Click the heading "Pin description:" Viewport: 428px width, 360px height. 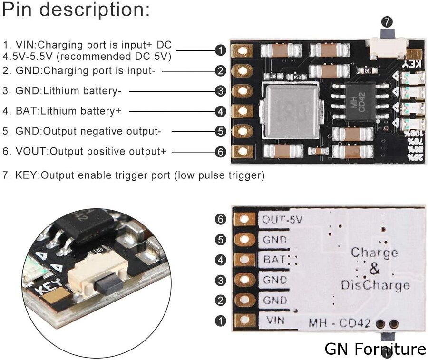point(76,10)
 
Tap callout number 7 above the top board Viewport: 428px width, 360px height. point(387,21)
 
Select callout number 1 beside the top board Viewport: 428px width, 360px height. point(220,50)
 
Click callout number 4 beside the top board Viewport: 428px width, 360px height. point(220,111)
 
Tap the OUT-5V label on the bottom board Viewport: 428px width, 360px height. point(282,220)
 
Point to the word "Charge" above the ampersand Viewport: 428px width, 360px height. point(374,252)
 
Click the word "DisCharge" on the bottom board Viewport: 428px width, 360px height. point(375,285)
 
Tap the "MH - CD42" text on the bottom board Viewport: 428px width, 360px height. point(339,323)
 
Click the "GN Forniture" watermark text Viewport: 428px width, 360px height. point(375,349)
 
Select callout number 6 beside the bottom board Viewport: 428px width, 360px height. point(220,219)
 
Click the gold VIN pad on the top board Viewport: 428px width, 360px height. point(243,50)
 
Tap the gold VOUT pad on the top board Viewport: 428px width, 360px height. point(243,152)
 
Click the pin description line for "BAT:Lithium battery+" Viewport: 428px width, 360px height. point(62,111)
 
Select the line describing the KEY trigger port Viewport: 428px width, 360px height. point(133,175)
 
